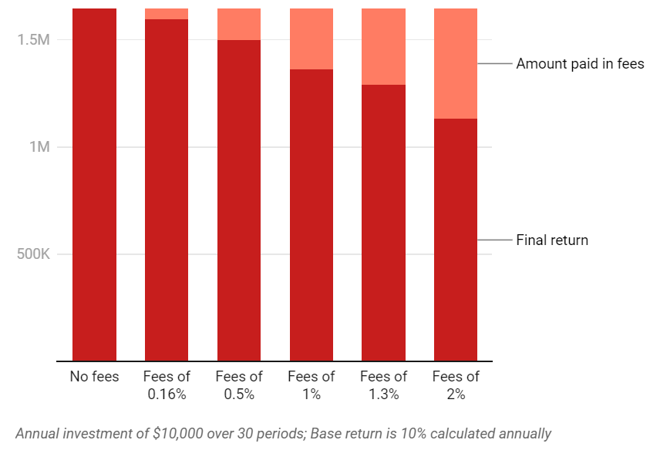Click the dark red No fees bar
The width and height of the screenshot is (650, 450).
(94, 185)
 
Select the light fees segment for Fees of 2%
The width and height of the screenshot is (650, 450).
(456, 63)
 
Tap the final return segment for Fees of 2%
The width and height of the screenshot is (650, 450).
(456, 239)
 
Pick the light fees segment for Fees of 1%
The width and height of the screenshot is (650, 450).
(312, 39)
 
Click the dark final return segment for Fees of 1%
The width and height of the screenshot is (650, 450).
(312, 216)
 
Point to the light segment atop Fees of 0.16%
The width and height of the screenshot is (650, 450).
(167, 14)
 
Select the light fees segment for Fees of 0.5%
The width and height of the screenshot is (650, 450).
(239, 24)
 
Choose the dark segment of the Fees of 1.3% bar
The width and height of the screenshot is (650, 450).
(383, 223)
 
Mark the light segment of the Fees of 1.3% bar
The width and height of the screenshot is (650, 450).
(383, 46)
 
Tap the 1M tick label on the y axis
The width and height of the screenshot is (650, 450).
(40, 146)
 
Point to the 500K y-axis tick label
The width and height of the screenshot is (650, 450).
(32, 254)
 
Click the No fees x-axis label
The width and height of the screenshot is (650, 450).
(94, 377)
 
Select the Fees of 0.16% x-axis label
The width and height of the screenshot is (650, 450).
(167, 385)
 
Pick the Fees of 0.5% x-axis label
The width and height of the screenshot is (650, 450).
(239, 385)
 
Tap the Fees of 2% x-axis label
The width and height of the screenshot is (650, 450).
(456, 385)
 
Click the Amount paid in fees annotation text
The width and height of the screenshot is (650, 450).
(580, 64)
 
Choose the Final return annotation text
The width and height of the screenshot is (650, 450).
(552, 240)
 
